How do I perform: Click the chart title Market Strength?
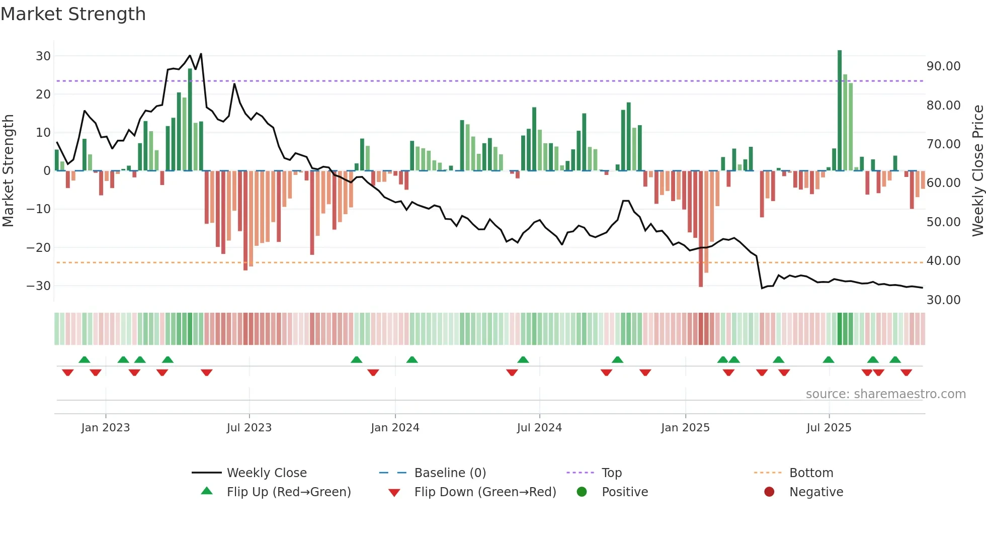pos(73,14)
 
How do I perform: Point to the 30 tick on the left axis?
pos(43,56)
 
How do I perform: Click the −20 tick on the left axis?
pos(39,247)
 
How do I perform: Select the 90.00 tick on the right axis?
pos(943,66)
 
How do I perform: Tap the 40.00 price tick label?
pos(943,261)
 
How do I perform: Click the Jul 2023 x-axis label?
pos(249,428)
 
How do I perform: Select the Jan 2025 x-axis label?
pos(685,428)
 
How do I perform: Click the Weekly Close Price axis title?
pos(977,171)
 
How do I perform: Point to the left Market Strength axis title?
pos(8,171)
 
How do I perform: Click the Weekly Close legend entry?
pos(266,473)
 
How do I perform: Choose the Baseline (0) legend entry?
pos(450,473)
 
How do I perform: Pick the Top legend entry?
pos(611,473)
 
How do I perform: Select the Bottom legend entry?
pos(811,473)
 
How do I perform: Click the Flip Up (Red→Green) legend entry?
pos(288,492)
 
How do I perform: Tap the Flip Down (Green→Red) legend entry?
pos(485,492)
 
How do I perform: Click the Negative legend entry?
pos(816,492)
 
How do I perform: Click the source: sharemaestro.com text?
pos(885,394)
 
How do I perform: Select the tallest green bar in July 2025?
pos(840,111)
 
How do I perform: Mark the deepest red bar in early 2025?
pos(701,229)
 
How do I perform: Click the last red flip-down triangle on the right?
pos(906,373)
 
